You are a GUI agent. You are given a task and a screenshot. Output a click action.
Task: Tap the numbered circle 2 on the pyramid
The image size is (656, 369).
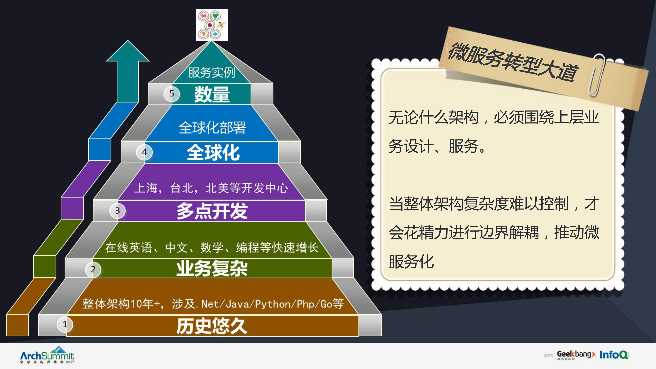pos(93,269)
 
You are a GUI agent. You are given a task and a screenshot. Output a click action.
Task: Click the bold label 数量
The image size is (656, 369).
pos(212,94)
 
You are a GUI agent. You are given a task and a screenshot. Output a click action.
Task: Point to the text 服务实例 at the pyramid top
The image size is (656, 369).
pos(211,72)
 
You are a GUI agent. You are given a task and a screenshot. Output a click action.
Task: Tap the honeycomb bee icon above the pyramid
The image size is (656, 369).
pos(212,25)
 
